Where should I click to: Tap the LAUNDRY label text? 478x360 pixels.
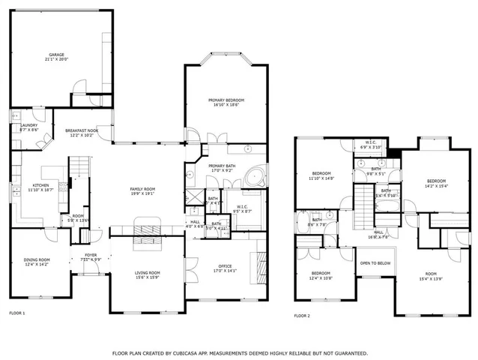[28, 126]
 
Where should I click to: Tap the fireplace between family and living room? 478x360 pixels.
[147, 228]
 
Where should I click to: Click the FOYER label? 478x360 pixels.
[90, 256]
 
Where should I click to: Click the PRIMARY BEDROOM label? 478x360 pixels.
[226, 100]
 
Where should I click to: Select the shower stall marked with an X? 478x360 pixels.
[195, 199]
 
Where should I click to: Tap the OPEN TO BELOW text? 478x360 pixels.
[375, 263]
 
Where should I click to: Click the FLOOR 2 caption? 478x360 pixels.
[302, 316]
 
